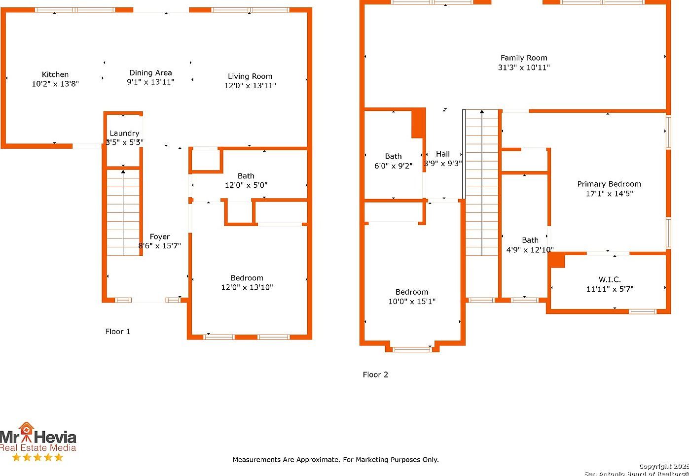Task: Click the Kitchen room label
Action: point(55,74)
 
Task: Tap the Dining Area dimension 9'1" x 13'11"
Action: point(150,82)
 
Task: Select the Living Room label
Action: point(250,76)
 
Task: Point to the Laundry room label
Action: point(124,133)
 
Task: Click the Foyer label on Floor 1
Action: point(160,237)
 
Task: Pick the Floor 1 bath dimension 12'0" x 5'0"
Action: point(246,185)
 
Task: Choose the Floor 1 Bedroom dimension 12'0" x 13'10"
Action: point(247,287)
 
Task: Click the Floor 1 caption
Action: point(118,332)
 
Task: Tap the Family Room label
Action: point(524,58)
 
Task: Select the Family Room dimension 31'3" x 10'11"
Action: point(524,68)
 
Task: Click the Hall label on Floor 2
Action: point(443,154)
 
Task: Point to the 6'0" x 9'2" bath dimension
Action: point(394,166)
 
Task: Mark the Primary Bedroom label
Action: point(609,184)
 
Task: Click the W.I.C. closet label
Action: point(610,280)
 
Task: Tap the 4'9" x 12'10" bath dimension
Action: point(530,250)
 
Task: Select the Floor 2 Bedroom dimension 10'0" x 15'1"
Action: point(412,302)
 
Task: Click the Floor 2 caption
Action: point(375,374)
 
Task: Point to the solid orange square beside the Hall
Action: point(418,123)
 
